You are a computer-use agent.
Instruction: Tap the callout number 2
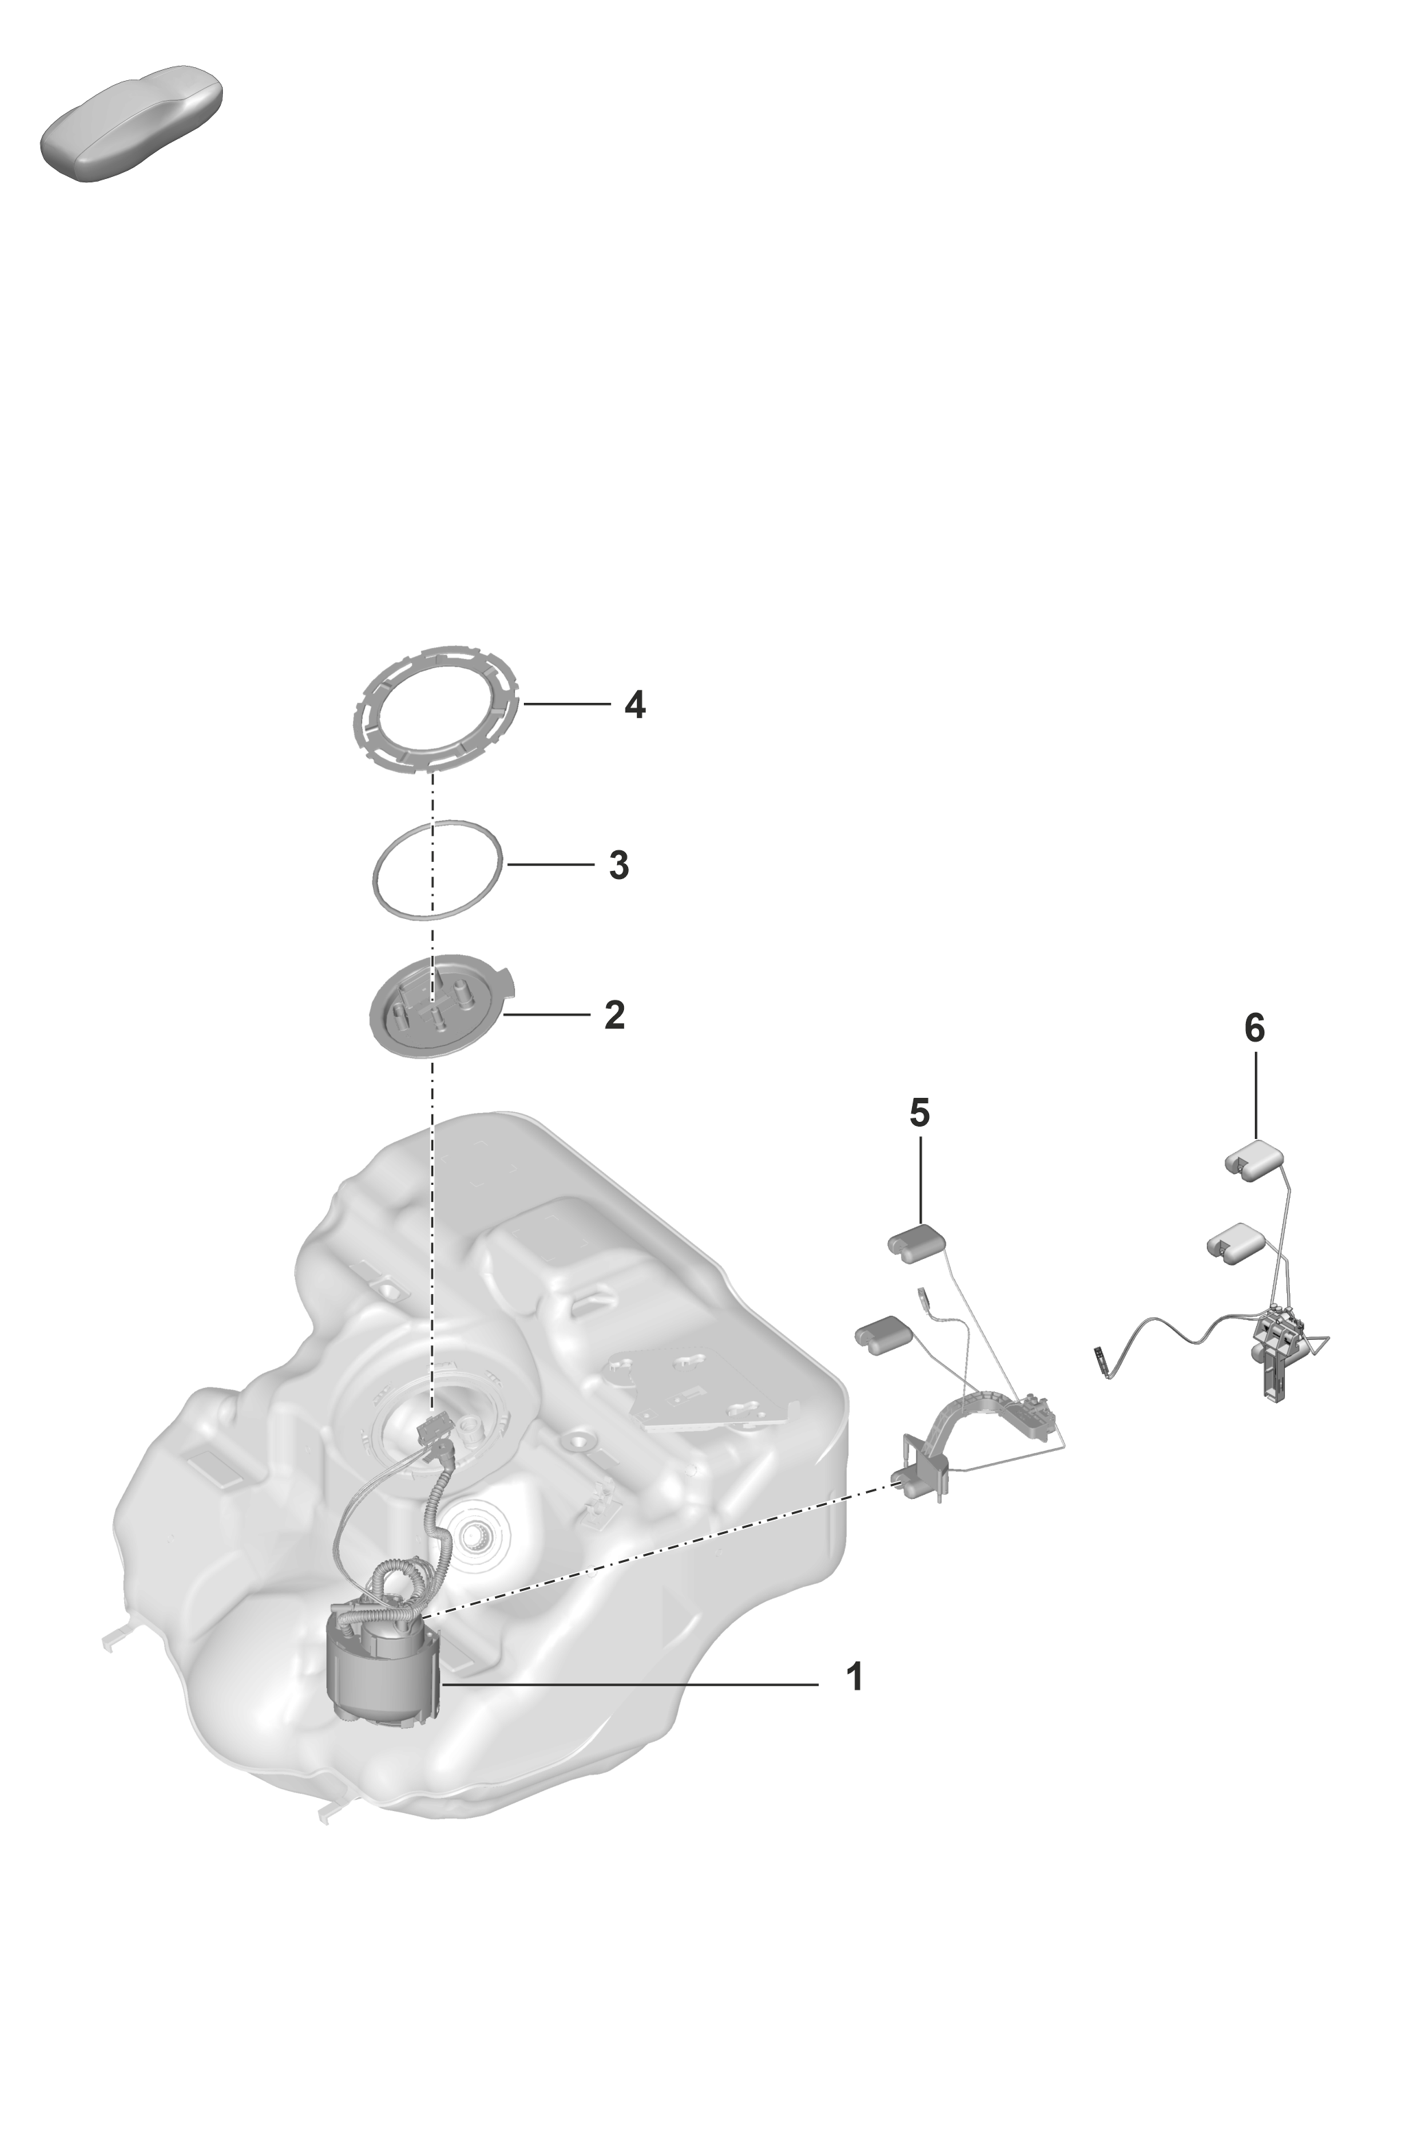pyautogui.click(x=614, y=1015)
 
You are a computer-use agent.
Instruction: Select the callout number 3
pyautogui.click(x=618, y=865)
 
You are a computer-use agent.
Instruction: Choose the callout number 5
pyautogui.click(x=920, y=1114)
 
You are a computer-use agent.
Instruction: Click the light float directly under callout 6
pyautogui.click(x=1254, y=1160)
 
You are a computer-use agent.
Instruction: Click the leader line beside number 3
pyautogui.click(x=550, y=865)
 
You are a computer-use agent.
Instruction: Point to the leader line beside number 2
pyautogui.click(x=547, y=1015)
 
